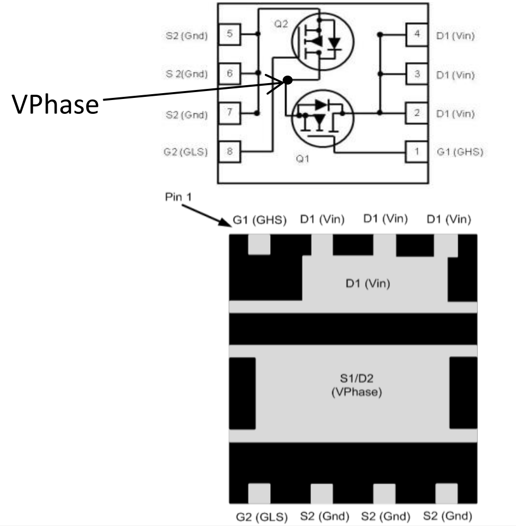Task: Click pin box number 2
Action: (x=417, y=113)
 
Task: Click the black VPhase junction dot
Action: (x=287, y=80)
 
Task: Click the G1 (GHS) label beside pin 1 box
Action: (x=460, y=152)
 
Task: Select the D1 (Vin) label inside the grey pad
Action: (x=368, y=284)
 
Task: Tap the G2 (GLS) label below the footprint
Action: (x=261, y=516)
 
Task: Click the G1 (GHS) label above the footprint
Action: (x=260, y=221)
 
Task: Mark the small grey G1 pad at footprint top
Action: (x=259, y=245)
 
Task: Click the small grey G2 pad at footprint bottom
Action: (x=259, y=493)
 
